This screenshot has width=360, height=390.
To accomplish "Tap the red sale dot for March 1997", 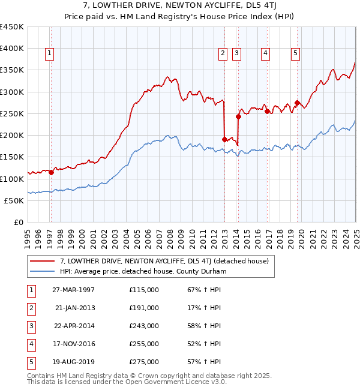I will [x=51, y=173].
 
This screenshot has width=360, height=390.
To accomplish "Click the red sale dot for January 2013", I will [x=224, y=139].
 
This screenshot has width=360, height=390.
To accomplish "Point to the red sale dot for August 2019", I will [x=297, y=103].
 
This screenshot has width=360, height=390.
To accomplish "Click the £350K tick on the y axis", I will [x=12, y=70].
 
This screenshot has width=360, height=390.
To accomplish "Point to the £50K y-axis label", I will [x=14, y=200].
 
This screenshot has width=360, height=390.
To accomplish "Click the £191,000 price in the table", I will [x=144, y=308].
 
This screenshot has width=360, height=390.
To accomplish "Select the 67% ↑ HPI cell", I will [x=200, y=290].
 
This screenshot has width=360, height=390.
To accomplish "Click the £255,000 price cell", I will [x=144, y=344].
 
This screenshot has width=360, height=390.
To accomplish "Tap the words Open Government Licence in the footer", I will [x=175, y=382].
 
